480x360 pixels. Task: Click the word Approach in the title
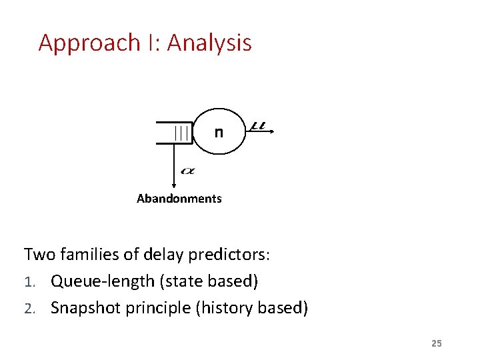(x=88, y=43)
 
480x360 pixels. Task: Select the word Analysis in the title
(x=209, y=43)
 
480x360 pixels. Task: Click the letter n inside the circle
(x=219, y=132)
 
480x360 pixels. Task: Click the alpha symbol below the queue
(x=188, y=171)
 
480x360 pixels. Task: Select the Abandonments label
(x=179, y=199)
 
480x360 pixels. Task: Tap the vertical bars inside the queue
(x=181, y=133)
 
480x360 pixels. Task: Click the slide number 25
(x=436, y=343)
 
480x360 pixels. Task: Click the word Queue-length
(x=103, y=282)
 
